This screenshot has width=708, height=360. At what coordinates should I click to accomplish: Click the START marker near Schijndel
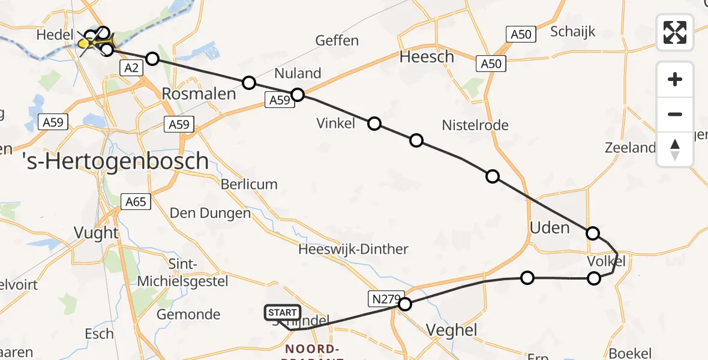click(x=282, y=313)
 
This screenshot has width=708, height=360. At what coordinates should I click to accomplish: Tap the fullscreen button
click(x=675, y=32)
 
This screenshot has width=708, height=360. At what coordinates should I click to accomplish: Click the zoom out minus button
click(x=675, y=114)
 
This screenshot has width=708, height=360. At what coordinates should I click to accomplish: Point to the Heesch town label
click(x=427, y=57)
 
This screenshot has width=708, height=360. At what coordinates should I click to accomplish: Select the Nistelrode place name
click(x=475, y=125)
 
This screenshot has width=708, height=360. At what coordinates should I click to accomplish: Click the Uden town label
click(x=550, y=227)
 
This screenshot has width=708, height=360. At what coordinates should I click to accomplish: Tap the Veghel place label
click(x=451, y=329)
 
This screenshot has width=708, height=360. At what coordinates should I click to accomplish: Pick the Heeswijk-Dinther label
click(x=353, y=249)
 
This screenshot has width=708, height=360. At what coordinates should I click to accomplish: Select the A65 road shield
click(x=136, y=202)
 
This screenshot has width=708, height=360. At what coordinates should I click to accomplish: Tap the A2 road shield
click(x=131, y=68)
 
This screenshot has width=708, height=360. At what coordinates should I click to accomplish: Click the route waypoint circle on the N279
click(x=405, y=304)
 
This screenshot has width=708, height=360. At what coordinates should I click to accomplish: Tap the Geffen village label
click(x=337, y=41)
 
